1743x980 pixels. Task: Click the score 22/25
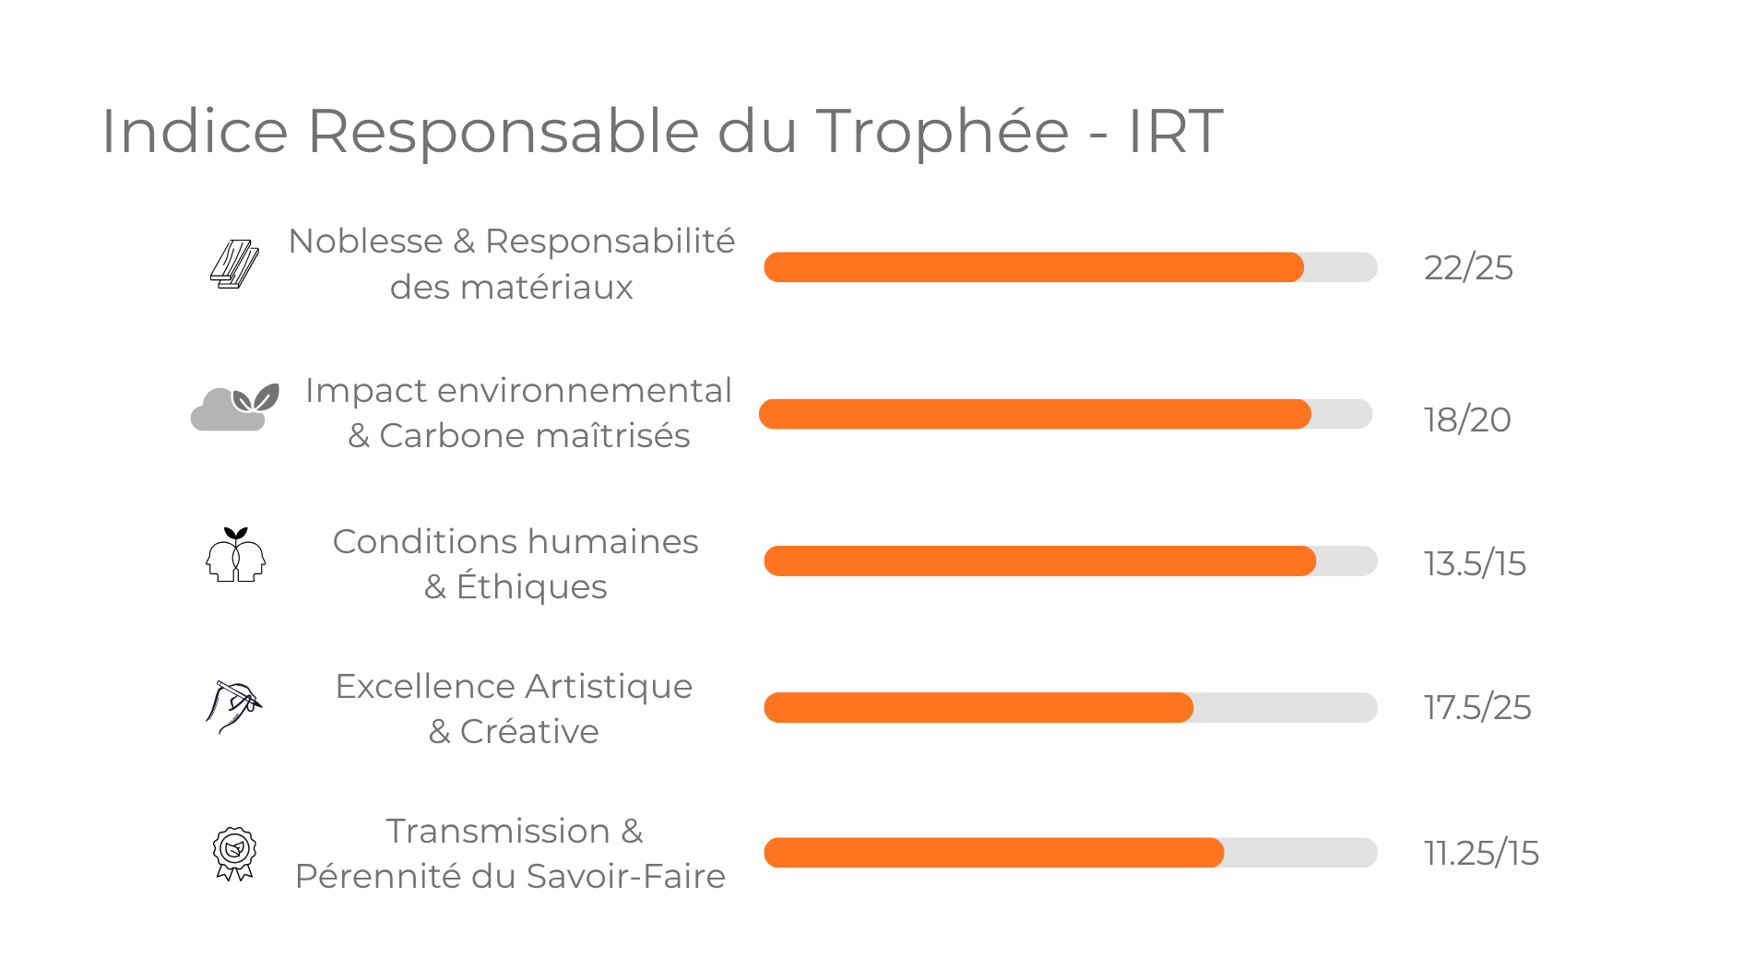click(x=1468, y=268)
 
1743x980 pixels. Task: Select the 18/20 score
click(x=1467, y=420)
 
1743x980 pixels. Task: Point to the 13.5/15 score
click(x=1475, y=564)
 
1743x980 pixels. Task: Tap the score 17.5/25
click(x=1477, y=708)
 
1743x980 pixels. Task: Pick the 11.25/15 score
click(x=1481, y=854)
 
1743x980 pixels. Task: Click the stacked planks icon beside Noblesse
click(x=234, y=265)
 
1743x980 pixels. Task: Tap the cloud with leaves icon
click(x=234, y=407)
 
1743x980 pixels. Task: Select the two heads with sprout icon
click(x=235, y=555)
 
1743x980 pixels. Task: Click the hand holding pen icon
click(x=233, y=706)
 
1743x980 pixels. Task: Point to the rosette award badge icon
click(x=234, y=853)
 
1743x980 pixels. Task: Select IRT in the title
click(x=1175, y=131)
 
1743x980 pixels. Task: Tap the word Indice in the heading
click(x=195, y=131)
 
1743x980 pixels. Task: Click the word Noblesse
click(x=365, y=242)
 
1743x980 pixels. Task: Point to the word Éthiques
click(x=531, y=587)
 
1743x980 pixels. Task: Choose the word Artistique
click(x=609, y=687)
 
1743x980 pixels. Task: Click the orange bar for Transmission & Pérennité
click(x=993, y=853)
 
